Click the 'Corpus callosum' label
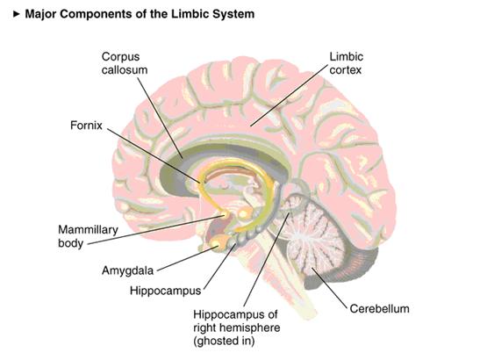pyautogui.click(x=125, y=63)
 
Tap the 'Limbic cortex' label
pyautogui.click(x=347, y=63)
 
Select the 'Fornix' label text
pyautogui.click(x=86, y=126)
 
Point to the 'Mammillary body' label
pyautogui.click(x=88, y=236)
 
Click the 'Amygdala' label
pyautogui.click(x=127, y=270)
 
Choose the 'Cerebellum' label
pyautogui.click(x=379, y=308)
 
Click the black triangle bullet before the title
pyautogui.click(x=17, y=14)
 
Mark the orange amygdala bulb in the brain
pyautogui.click(x=219, y=242)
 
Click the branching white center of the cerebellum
pyautogui.click(x=301, y=235)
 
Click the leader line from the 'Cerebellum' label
pyautogui.click(x=330, y=287)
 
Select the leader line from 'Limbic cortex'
pyautogui.click(x=289, y=96)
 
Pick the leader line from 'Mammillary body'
pyautogui.click(x=156, y=230)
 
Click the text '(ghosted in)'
pyautogui.click(x=224, y=341)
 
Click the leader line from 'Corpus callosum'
pyautogui.click(x=160, y=118)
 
